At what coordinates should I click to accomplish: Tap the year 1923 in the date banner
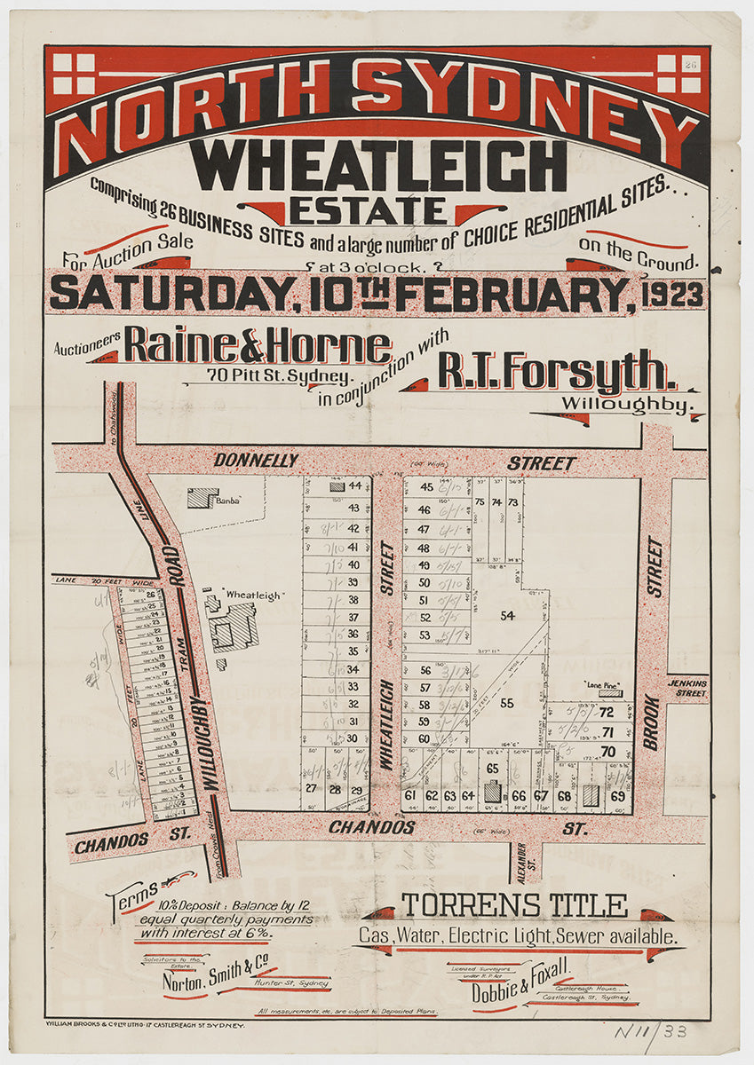[x=673, y=295]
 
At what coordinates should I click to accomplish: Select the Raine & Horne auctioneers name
[x=258, y=345]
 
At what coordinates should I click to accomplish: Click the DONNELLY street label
[x=256, y=461]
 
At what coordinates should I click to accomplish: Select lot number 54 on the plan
[x=507, y=615]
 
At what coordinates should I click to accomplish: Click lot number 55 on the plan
[x=507, y=703]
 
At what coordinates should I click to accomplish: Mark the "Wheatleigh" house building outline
[x=234, y=625]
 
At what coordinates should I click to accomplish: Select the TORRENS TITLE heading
[x=514, y=906]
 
